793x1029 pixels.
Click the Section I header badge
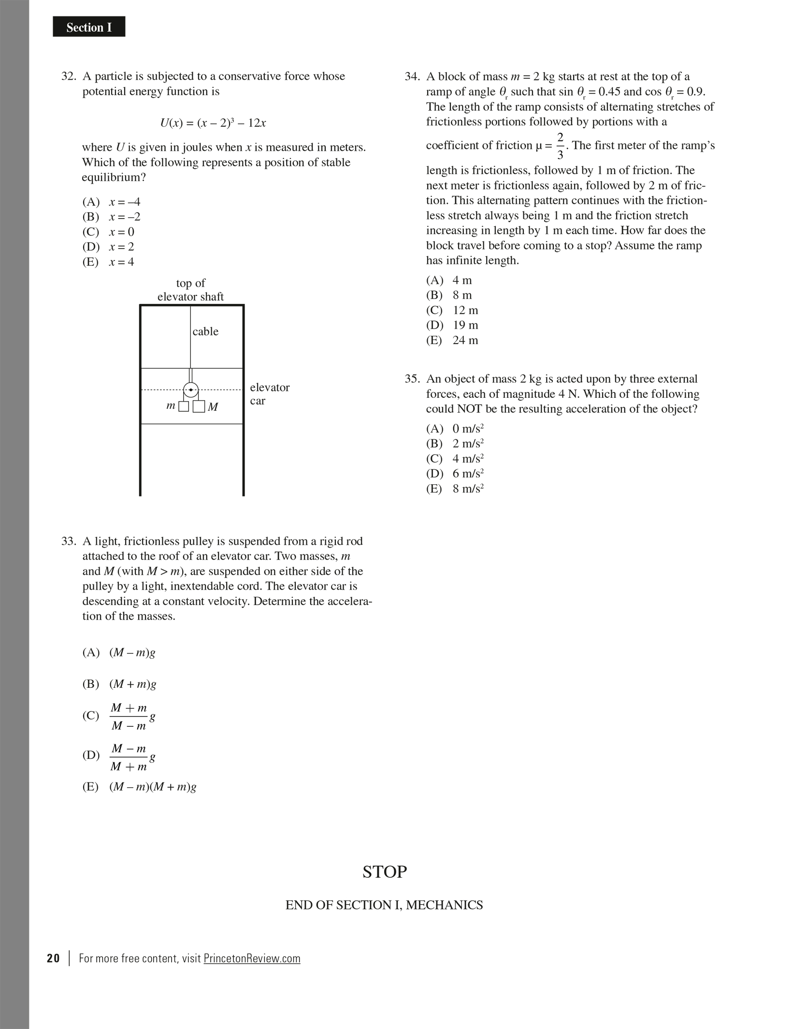point(89,27)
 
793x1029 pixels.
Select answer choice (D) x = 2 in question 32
point(108,247)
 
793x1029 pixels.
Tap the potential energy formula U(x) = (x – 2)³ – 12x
point(213,123)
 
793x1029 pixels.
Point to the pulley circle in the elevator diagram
point(191,390)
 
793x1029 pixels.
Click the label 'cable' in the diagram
point(205,332)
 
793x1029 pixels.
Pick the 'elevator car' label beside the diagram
point(269,394)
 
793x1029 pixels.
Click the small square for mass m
point(184,406)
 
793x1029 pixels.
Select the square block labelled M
point(199,406)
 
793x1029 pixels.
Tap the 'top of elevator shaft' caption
point(190,290)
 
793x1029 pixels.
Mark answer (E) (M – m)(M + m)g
point(139,787)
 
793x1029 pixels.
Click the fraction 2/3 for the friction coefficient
point(560,146)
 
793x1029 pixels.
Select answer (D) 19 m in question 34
point(452,325)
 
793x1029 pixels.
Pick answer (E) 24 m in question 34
point(452,340)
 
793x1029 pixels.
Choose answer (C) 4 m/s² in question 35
point(455,459)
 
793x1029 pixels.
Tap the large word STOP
point(385,871)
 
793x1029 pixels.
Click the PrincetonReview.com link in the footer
point(252,958)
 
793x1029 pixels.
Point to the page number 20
point(53,958)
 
